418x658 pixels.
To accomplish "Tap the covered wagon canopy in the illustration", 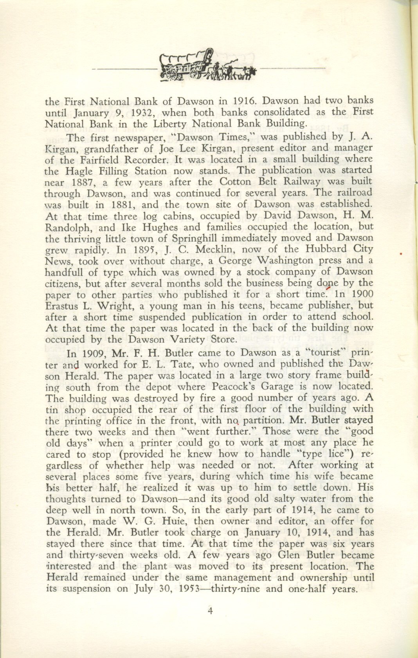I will [x=186, y=59].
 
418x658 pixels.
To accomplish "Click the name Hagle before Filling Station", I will [x=81, y=171].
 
